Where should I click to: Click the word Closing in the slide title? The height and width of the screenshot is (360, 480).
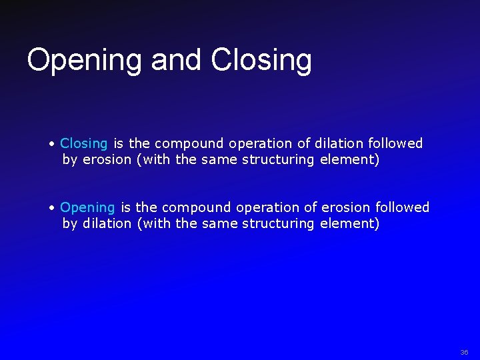(x=261, y=61)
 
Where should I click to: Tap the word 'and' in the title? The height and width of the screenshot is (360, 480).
(x=177, y=59)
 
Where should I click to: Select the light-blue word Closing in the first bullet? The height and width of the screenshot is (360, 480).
(x=84, y=143)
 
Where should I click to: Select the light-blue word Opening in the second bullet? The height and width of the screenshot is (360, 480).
(x=87, y=208)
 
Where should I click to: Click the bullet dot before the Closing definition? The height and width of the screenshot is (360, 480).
(x=52, y=143)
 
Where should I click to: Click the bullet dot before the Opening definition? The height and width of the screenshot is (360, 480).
(x=52, y=208)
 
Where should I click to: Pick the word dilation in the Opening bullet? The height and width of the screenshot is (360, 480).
(x=107, y=224)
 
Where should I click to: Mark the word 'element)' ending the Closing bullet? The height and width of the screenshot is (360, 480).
(x=349, y=160)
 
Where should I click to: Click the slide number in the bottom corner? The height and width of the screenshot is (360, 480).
(x=464, y=352)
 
